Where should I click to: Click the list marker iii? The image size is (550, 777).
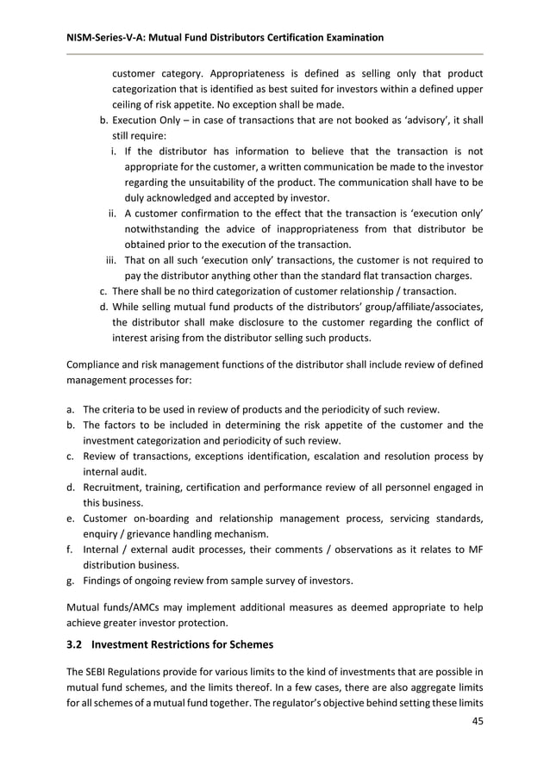coord(110,259)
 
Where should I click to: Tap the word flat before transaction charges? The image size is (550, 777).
coord(366,275)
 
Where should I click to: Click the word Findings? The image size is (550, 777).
coord(103,581)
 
